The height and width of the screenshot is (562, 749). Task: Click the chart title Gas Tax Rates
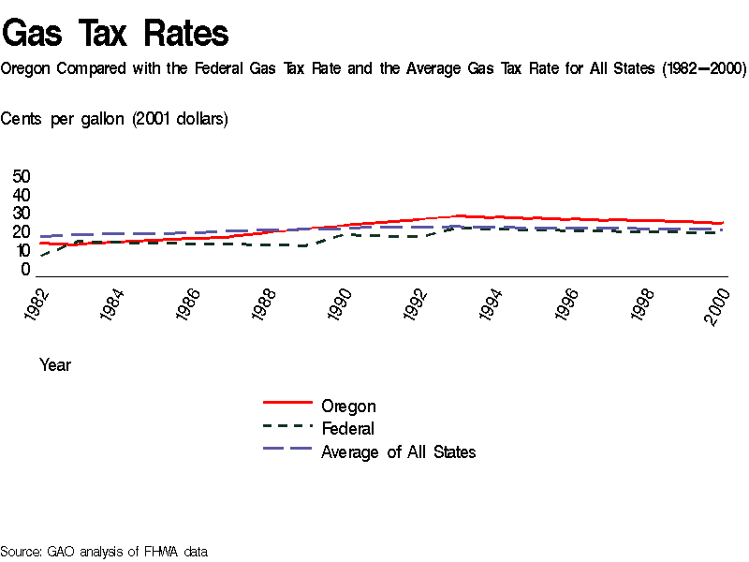(115, 34)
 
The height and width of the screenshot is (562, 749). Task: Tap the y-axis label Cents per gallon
(114, 119)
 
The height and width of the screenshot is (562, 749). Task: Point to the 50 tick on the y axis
(21, 177)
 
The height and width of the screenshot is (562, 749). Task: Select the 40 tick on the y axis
(21, 196)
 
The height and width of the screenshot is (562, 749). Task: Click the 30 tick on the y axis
(21, 214)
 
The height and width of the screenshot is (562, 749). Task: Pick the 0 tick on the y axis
(25, 270)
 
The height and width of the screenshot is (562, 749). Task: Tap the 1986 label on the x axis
(189, 305)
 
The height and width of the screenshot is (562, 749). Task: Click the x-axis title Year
(55, 365)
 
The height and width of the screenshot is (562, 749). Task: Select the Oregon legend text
(348, 407)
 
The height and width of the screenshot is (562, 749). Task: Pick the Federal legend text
(347, 429)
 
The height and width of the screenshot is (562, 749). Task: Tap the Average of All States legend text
(398, 452)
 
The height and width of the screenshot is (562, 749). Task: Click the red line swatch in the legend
(287, 403)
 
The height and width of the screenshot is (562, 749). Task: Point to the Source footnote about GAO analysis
(103, 552)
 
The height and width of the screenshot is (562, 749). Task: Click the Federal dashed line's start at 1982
(40, 256)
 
